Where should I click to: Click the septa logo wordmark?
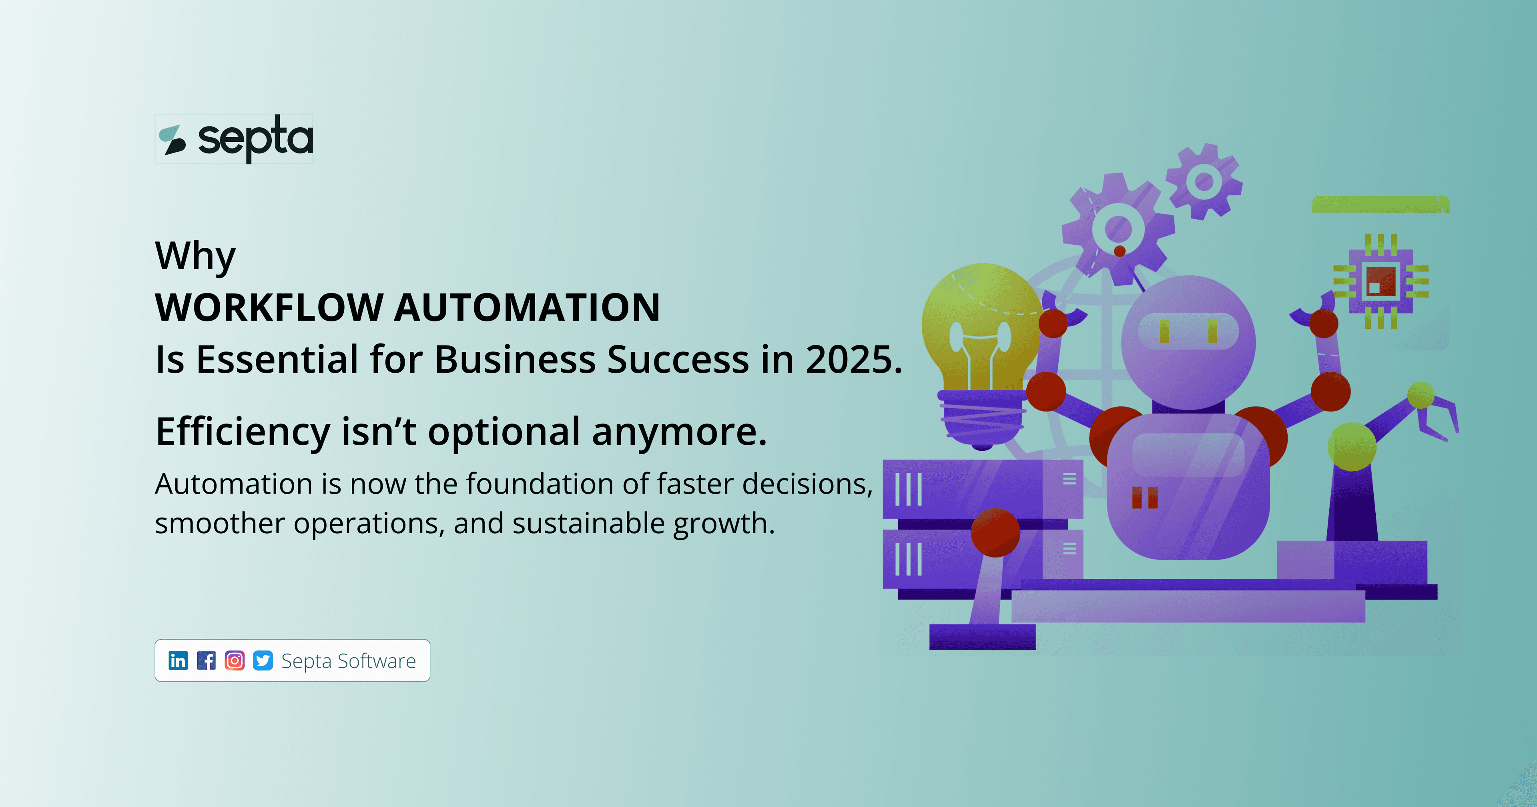point(255,139)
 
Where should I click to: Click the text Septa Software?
point(349,661)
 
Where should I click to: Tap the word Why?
point(195,255)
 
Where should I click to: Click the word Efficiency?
point(242,431)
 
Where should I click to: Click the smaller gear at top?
point(1204,181)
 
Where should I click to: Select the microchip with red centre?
point(1380,281)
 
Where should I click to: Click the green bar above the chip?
point(1380,204)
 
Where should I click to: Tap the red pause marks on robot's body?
point(1144,497)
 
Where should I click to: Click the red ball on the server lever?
point(995,532)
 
